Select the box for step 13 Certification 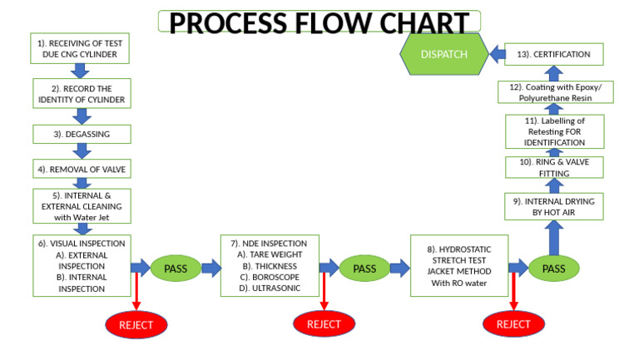pyautogui.click(x=553, y=55)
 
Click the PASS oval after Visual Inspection pyautogui.click(x=176, y=268)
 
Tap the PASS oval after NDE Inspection pyautogui.click(x=364, y=268)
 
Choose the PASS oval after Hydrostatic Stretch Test pyautogui.click(x=553, y=268)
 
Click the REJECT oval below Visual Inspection pyautogui.click(x=136, y=324)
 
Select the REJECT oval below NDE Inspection pyautogui.click(x=324, y=324)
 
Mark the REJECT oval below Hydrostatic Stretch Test pyautogui.click(x=513, y=324)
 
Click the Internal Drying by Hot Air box pyautogui.click(x=553, y=206)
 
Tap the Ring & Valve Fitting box pyautogui.click(x=553, y=167)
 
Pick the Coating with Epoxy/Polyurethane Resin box pyautogui.click(x=553, y=91)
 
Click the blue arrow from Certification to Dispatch pyautogui.click(x=496, y=55)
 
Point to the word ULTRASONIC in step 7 pyautogui.click(x=268, y=288)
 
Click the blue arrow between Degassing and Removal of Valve pyautogui.click(x=81, y=150)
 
